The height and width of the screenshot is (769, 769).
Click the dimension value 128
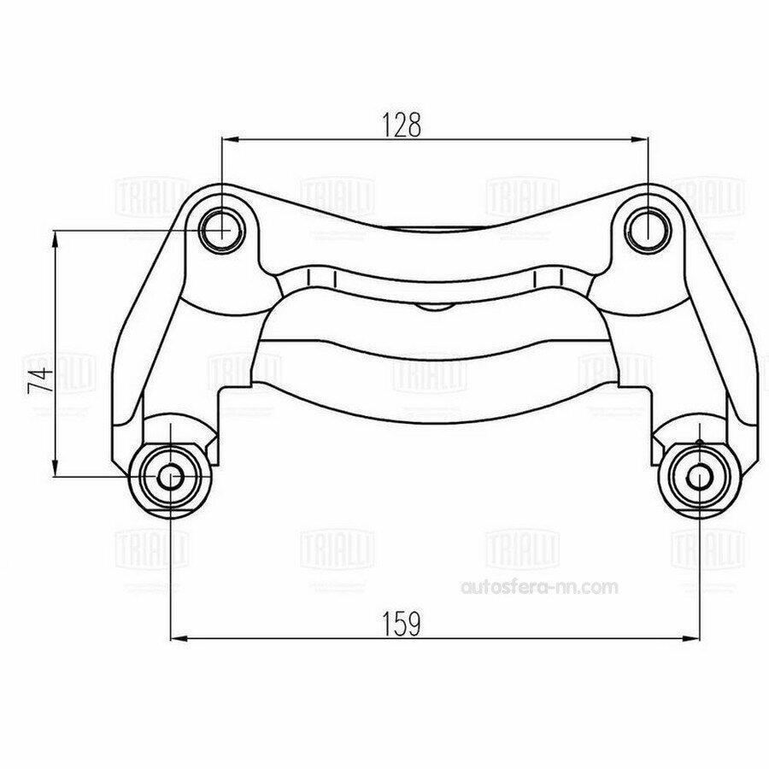pyautogui.click(x=402, y=125)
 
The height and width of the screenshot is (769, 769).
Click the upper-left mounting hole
pyautogui.click(x=222, y=227)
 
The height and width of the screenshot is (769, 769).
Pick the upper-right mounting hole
pyautogui.click(x=649, y=226)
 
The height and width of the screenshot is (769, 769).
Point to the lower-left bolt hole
pyautogui.click(x=171, y=477)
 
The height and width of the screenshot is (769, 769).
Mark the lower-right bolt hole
pyautogui.click(x=700, y=477)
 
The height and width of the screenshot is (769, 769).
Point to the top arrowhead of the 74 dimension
pyautogui.click(x=56, y=237)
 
